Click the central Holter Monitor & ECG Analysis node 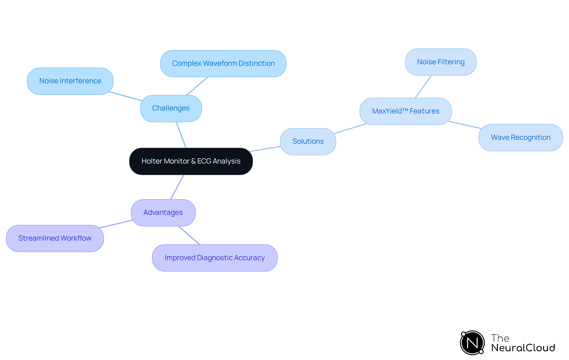point(191,161)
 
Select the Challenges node point(171,108)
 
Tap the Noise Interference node point(70,81)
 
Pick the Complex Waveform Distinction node point(223,63)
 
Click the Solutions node point(308,141)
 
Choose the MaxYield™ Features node point(405,111)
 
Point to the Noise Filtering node point(441,62)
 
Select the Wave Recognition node point(520,137)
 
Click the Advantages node point(163,212)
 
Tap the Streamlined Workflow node point(55,238)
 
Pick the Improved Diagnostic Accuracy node point(215,258)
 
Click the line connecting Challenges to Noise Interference point(126,96)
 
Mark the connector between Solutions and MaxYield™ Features point(350,129)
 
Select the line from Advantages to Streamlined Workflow point(116,224)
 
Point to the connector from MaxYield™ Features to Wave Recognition point(464,125)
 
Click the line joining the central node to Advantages point(177,187)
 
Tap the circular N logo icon point(472,343)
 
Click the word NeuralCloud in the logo point(523,348)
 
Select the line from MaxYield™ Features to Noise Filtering point(423,87)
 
